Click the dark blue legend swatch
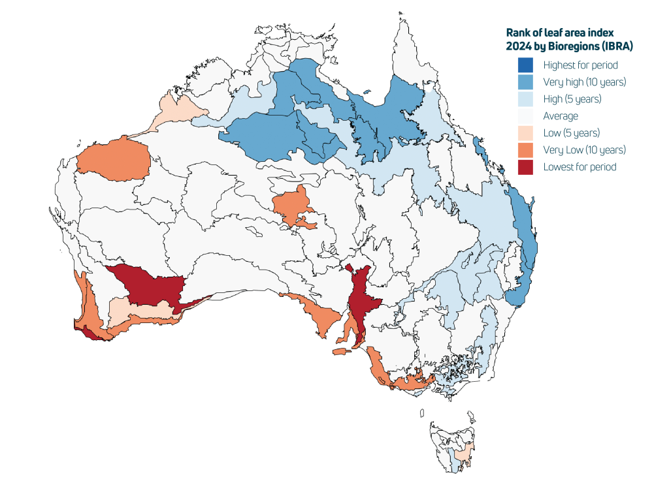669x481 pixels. pyautogui.click(x=525, y=65)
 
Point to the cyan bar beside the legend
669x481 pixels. pyautogui.click(x=537, y=65)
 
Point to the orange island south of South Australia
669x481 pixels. pyautogui.click(x=342, y=352)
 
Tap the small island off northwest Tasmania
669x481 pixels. pyautogui.click(x=423, y=413)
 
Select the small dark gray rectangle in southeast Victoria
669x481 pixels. pyautogui.click(x=474, y=378)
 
